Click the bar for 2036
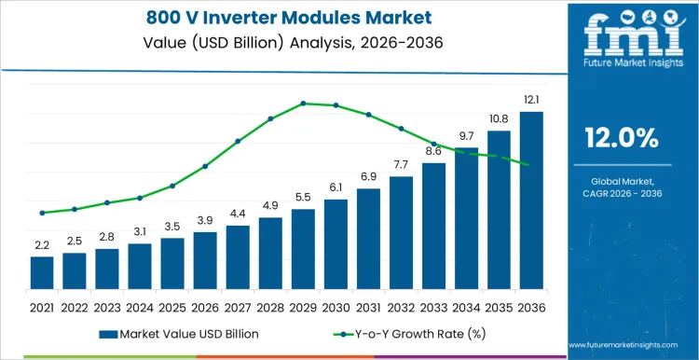pyautogui.click(x=531, y=201)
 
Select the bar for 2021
pyautogui.click(x=42, y=272)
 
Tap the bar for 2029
pyautogui.click(x=303, y=249)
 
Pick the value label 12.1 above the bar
pyautogui.click(x=531, y=100)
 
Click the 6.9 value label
pyautogui.click(x=368, y=176)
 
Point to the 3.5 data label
pyautogui.click(x=172, y=226)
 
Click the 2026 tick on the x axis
pyautogui.click(x=205, y=307)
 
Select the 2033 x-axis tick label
pyautogui.click(x=433, y=307)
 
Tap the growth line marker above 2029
pyautogui.click(x=303, y=104)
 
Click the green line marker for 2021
pyautogui.click(x=42, y=213)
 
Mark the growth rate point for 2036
pyautogui.click(x=531, y=165)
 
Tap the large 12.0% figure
pyautogui.click(x=622, y=138)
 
